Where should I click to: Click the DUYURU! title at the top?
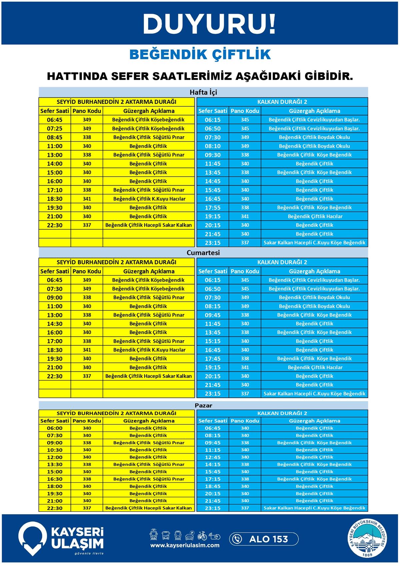coord(209,24)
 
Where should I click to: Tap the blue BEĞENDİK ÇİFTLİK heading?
coord(200,55)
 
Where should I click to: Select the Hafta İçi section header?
coord(203,92)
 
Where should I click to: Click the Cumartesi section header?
coord(203,253)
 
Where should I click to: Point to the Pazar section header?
coord(203,405)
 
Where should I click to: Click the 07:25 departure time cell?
coord(55,128)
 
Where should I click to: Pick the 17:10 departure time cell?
coord(55,190)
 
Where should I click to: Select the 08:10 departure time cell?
coord(213,146)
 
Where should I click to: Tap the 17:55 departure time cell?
coord(213,208)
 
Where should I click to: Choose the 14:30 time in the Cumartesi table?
coord(55,324)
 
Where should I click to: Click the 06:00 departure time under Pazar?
coord(55,428)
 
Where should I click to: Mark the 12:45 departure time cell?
coord(213,457)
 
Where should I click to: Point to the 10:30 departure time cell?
coord(55,450)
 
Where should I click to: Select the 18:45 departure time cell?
coord(213,486)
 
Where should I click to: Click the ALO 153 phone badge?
coord(264,539)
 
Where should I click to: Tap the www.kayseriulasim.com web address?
coord(185,545)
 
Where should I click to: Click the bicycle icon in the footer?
coord(202,536)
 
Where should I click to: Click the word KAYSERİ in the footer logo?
coord(77,532)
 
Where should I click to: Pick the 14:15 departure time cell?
coord(213,465)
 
